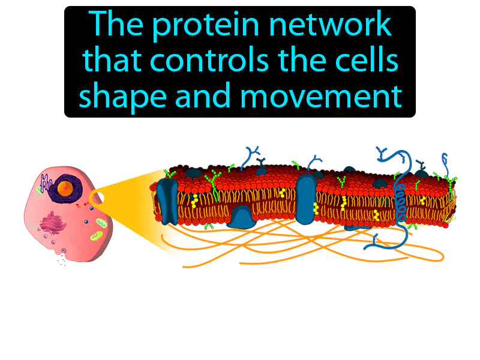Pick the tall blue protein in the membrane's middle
pyautogui.click(x=305, y=195)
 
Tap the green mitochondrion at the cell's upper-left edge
pyautogui.click(x=38, y=190)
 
